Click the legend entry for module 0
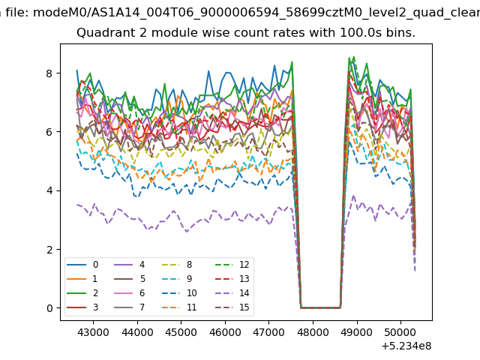point(82,265)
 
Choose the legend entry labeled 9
point(176,278)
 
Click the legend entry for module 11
point(178,307)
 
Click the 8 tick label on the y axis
point(49,73)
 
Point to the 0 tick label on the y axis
point(49,308)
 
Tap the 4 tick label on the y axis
point(49,190)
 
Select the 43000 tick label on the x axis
point(93,332)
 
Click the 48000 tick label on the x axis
point(313,332)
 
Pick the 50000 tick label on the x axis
point(400,332)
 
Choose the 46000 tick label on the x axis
point(225,332)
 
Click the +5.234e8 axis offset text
point(406,346)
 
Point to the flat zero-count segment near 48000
point(320,307)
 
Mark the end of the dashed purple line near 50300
point(415,271)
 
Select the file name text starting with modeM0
point(256,13)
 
